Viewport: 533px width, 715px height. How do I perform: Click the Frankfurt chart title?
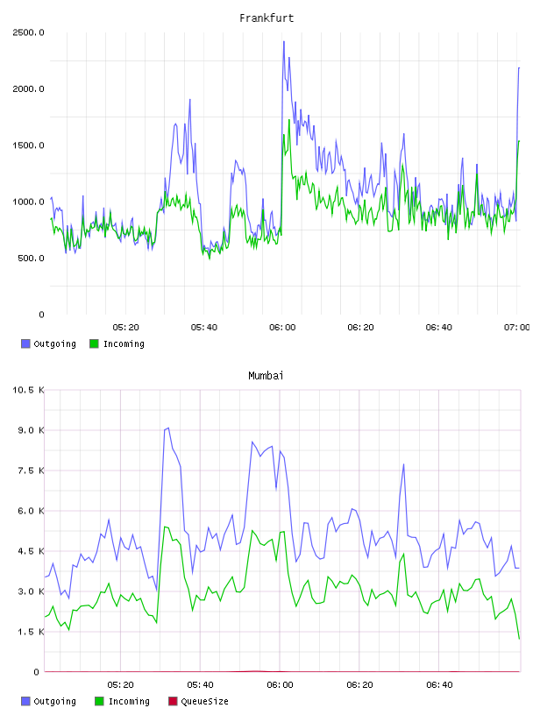(x=266, y=18)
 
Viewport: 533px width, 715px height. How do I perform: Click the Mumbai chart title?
(x=266, y=376)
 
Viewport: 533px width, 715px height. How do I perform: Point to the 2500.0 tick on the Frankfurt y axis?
(x=28, y=32)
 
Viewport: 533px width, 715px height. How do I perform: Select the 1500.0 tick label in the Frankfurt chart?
(x=28, y=145)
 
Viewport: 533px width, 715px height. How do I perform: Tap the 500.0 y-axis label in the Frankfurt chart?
(x=31, y=258)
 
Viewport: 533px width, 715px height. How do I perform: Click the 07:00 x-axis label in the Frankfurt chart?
(x=517, y=328)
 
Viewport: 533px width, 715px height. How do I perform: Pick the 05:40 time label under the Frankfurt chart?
(x=204, y=328)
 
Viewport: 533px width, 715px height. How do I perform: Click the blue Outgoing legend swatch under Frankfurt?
(x=25, y=343)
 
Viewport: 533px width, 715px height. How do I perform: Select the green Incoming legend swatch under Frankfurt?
(x=94, y=343)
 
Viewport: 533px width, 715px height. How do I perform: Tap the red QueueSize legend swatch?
(x=173, y=701)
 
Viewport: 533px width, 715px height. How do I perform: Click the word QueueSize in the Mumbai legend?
(x=204, y=701)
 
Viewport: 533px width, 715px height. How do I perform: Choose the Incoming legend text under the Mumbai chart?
(x=129, y=701)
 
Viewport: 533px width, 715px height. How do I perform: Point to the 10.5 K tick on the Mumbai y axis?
(x=28, y=390)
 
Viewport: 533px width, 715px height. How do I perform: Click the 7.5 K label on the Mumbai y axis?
(x=31, y=471)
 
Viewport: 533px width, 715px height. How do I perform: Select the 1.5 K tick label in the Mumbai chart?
(x=31, y=632)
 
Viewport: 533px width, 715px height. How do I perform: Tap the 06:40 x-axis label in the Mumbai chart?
(x=439, y=685)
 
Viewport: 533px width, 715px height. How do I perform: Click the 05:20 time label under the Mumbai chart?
(x=120, y=685)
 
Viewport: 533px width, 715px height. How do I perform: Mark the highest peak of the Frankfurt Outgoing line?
(x=284, y=41)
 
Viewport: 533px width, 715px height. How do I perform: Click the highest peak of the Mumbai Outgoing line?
(x=168, y=428)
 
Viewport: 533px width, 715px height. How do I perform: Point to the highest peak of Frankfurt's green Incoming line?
(x=289, y=120)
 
